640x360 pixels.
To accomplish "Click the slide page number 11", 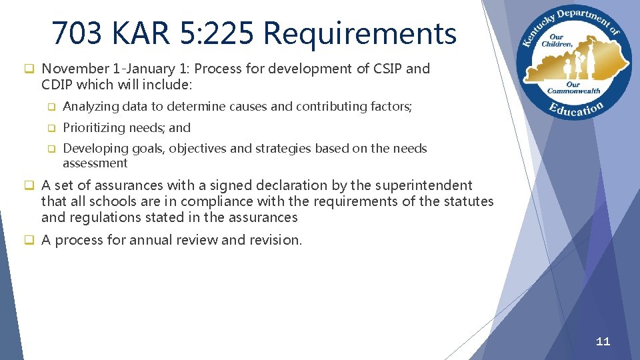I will pos(603,341).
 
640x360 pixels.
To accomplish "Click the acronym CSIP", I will pos(379,69).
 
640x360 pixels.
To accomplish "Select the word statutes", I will pos(469,201).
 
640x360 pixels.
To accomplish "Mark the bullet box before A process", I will pos(29,240).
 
